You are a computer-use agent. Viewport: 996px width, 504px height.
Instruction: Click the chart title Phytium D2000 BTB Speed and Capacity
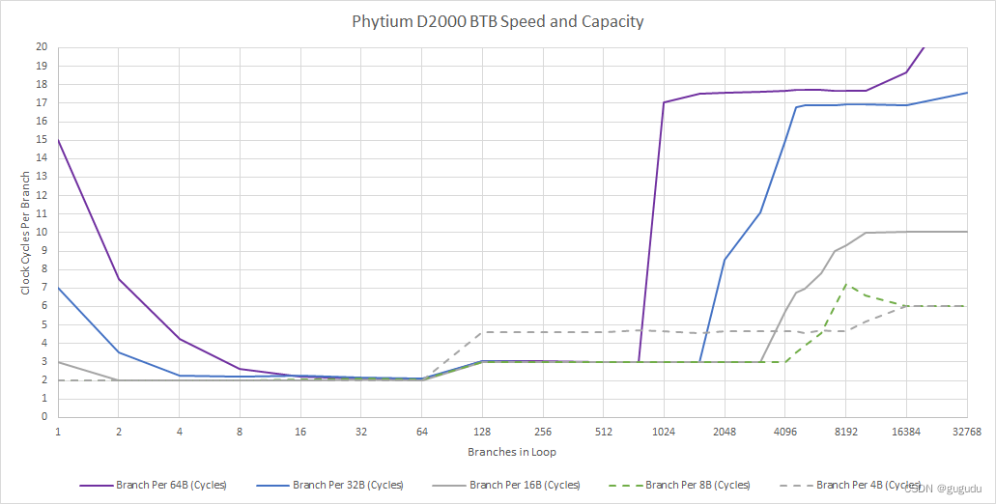click(498, 21)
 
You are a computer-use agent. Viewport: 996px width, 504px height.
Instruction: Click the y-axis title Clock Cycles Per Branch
click(26, 232)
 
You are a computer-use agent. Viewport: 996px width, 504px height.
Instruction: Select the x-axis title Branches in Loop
click(511, 452)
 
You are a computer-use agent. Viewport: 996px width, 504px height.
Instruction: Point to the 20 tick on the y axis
click(42, 47)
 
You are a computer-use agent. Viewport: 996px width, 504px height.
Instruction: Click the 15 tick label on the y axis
click(42, 140)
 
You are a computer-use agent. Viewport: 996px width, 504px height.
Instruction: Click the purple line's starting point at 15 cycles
click(58, 140)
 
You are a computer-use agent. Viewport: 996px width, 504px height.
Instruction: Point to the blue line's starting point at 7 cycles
click(58, 288)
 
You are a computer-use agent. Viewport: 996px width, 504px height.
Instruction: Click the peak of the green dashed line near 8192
click(846, 285)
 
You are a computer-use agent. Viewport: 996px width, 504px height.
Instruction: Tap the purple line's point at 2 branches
click(119, 279)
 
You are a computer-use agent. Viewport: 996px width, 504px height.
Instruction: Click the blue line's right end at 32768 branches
click(967, 93)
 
